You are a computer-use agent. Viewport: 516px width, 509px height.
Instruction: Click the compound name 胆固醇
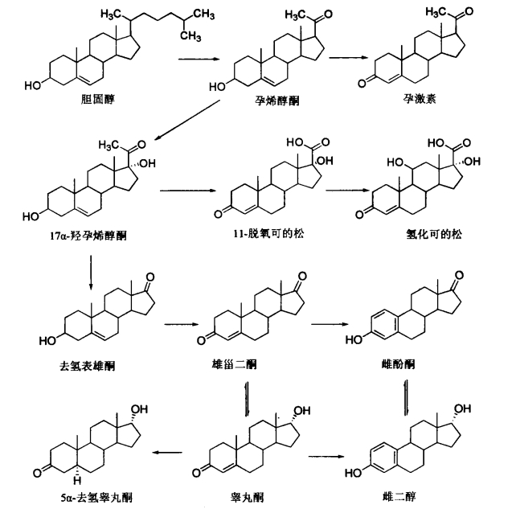click(98, 99)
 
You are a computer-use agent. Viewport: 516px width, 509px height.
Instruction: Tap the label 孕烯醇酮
click(277, 101)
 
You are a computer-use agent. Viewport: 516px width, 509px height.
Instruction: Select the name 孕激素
click(420, 98)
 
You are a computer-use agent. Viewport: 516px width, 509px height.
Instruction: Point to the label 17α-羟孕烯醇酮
click(88, 236)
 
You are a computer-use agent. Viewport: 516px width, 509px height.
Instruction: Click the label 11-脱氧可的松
click(268, 234)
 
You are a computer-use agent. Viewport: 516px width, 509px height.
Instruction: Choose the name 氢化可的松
click(434, 235)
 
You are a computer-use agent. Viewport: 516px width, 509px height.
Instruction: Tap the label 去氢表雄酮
click(88, 366)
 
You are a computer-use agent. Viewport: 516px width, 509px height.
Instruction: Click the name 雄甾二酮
click(235, 364)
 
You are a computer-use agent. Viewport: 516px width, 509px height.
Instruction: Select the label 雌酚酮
click(398, 364)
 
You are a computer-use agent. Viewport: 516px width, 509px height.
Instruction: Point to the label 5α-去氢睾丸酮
click(96, 497)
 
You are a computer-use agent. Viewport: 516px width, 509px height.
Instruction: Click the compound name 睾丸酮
click(247, 497)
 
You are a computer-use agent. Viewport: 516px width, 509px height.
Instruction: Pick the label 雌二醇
click(399, 496)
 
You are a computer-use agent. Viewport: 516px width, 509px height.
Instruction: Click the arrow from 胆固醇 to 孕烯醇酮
click(199, 60)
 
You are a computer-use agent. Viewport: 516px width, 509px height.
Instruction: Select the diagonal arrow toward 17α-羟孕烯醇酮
click(186, 121)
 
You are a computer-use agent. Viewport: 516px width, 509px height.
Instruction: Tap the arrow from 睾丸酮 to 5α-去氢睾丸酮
click(167, 453)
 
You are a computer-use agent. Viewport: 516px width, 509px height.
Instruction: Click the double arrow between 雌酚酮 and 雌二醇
click(407, 398)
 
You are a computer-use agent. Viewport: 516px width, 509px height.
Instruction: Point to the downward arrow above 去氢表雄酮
click(91, 273)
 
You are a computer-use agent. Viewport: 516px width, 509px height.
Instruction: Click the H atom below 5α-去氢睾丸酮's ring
click(77, 481)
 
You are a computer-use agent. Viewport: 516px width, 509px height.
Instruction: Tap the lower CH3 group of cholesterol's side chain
click(190, 36)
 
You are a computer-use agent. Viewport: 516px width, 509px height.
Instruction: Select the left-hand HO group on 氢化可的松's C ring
click(395, 162)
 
